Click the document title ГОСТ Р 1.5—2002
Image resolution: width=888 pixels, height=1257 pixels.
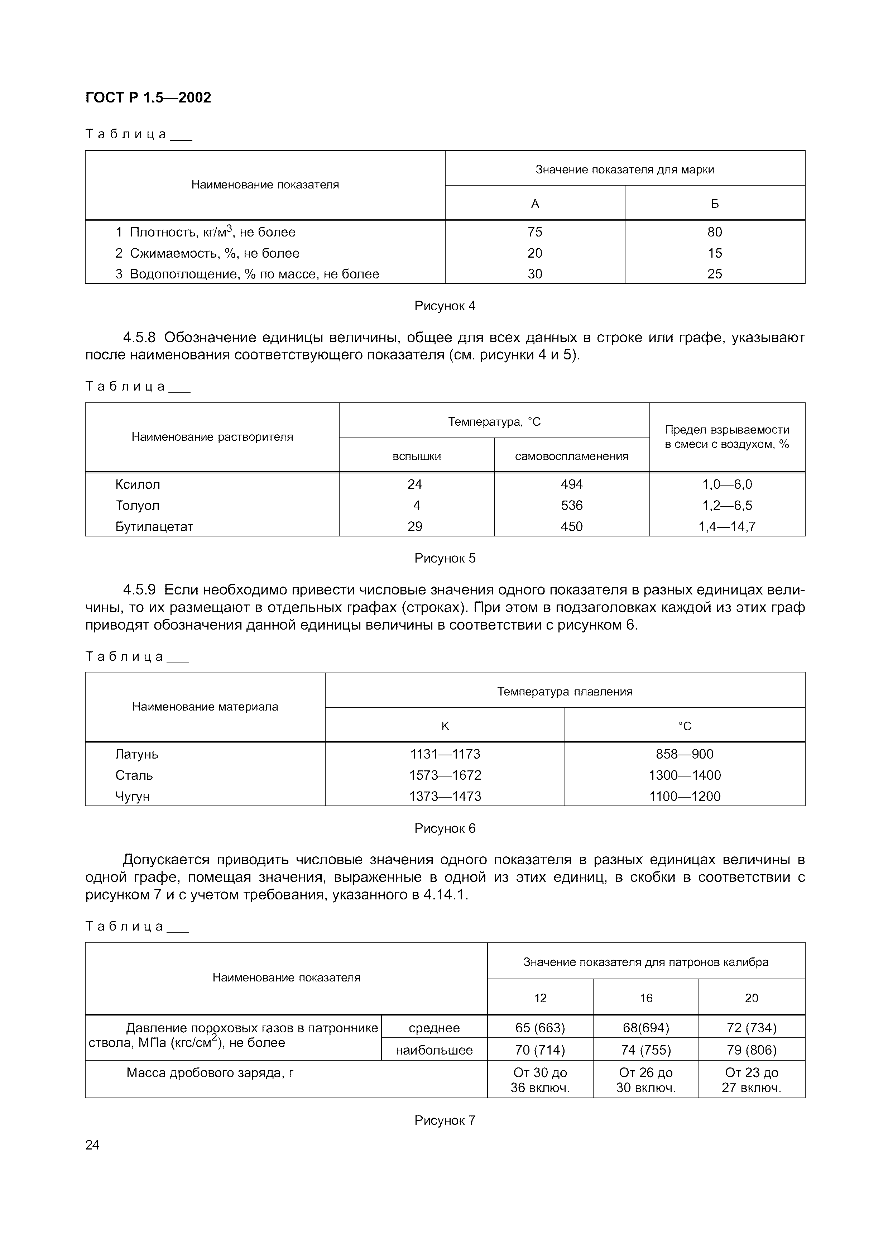148,97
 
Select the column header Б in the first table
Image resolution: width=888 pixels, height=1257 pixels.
715,204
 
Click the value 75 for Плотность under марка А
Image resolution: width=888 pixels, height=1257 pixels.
534,232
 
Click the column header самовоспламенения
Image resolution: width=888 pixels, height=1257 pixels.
571,456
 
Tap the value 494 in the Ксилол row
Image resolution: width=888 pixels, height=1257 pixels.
571,484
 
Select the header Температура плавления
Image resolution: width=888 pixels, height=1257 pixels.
565,692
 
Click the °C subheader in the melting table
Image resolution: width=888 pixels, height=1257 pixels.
685,726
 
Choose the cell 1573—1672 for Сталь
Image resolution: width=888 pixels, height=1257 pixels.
445,775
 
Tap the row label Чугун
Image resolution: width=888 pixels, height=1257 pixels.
133,796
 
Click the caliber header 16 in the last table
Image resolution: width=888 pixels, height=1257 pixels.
646,998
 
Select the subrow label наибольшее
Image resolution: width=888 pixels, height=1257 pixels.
434,1050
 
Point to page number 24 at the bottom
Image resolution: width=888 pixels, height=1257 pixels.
92,1145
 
